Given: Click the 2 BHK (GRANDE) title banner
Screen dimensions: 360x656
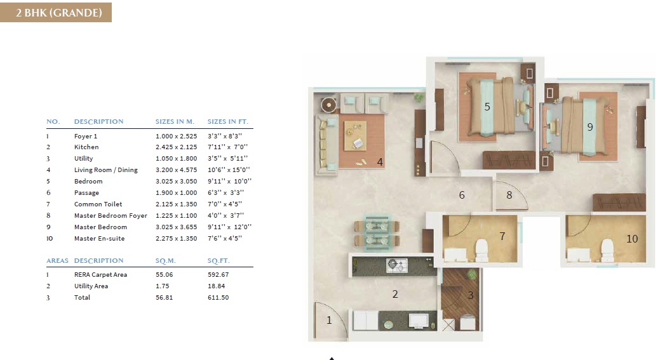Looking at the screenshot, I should (56, 12).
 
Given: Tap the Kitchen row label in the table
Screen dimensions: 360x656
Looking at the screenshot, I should (86, 147).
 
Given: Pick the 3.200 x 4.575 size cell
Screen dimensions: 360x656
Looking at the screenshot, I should (175, 170).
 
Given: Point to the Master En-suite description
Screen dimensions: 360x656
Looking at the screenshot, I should (99, 239).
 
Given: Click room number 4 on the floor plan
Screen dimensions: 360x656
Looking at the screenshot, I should (380, 163).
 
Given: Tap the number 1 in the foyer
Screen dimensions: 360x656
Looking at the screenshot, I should (329, 321).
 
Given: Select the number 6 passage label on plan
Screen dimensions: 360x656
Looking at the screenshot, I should (462, 195).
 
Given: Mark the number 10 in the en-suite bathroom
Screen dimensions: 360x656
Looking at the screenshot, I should (632, 239).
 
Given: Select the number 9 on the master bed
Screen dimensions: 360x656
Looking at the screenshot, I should (590, 127).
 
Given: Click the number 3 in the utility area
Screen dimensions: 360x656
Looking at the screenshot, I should (471, 295).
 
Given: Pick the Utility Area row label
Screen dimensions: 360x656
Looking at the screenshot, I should (91, 286).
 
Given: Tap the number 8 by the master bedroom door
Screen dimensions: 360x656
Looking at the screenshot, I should (509, 196).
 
